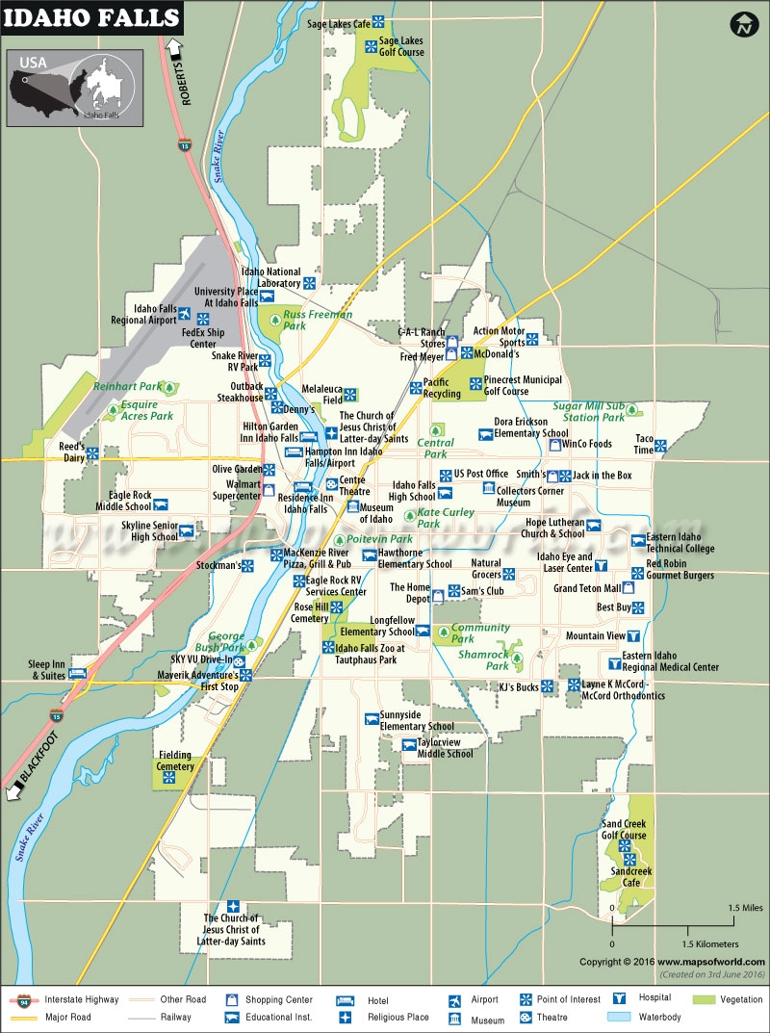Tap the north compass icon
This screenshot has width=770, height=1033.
click(x=742, y=25)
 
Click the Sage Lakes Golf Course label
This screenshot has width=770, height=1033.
click(x=401, y=46)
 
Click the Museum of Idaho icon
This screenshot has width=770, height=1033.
click(x=353, y=506)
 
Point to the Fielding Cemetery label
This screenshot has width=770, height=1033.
click(x=175, y=761)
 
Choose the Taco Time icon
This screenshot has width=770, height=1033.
click(x=661, y=445)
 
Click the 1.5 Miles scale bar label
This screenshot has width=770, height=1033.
click(x=745, y=907)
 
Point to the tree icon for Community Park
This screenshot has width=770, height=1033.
click(x=444, y=633)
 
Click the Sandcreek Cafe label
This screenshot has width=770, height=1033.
click(x=631, y=876)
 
